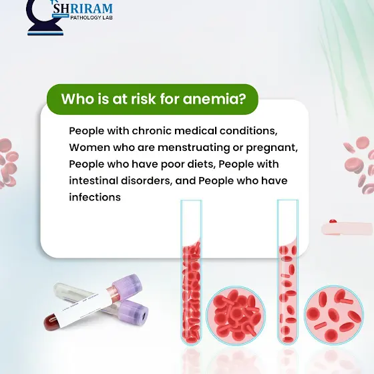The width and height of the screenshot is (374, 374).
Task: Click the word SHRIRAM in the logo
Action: (83, 8)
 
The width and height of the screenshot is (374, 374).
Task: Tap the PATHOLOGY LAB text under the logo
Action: (91, 17)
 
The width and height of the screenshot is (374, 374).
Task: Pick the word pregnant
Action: (272, 148)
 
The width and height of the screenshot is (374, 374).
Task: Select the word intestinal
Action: (93, 180)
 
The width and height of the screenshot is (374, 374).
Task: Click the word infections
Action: (95, 197)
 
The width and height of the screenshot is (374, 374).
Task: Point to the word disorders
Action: (146, 180)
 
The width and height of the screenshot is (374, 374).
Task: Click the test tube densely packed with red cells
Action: (191, 272)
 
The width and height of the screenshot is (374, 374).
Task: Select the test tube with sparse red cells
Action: (288, 272)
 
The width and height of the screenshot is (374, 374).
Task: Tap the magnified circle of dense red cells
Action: (236, 315)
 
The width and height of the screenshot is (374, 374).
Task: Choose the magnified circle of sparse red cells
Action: (334, 315)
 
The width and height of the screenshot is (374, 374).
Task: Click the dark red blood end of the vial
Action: (51, 322)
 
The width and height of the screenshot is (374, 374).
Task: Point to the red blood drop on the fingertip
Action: (333, 221)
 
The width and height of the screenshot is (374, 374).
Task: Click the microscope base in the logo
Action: (45, 30)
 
